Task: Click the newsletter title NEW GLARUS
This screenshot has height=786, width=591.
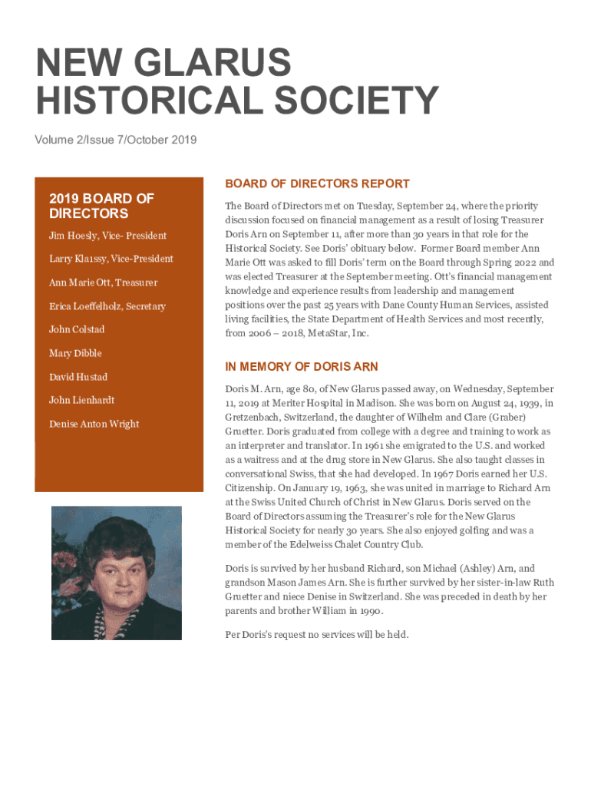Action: [x=163, y=63]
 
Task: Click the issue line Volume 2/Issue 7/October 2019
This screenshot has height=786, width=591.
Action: [x=115, y=140]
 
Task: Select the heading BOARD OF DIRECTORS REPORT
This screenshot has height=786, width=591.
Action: [x=317, y=184]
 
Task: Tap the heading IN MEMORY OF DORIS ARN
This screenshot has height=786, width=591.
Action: [x=301, y=367]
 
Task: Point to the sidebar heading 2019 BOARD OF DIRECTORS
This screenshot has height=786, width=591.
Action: [x=101, y=206]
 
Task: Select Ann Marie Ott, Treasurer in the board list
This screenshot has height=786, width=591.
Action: [x=104, y=282]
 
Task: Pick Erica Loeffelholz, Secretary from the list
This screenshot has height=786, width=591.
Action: [x=107, y=306]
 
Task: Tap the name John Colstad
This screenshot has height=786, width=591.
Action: [x=77, y=329]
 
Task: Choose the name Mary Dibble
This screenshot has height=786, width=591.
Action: [x=75, y=353]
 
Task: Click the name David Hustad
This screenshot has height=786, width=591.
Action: [x=78, y=377]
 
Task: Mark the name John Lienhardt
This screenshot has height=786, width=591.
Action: [x=81, y=400]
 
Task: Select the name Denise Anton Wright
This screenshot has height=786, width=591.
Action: [x=94, y=424]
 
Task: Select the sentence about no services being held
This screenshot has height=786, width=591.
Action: [x=317, y=635]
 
